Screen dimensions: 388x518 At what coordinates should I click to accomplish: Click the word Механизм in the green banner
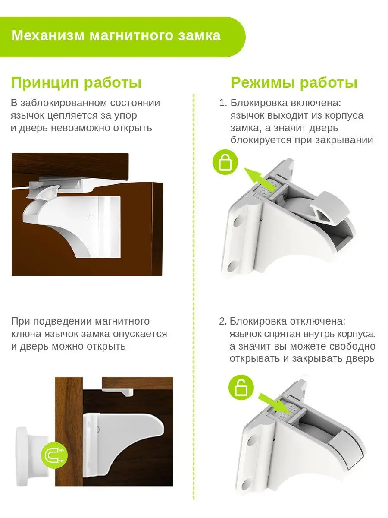coord(48,36)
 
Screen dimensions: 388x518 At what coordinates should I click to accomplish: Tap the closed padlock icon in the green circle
coord(225,162)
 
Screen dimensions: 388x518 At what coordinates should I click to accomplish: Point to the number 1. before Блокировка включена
coord(223,103)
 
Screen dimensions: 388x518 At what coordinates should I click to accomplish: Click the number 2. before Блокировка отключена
coord(223,322)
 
